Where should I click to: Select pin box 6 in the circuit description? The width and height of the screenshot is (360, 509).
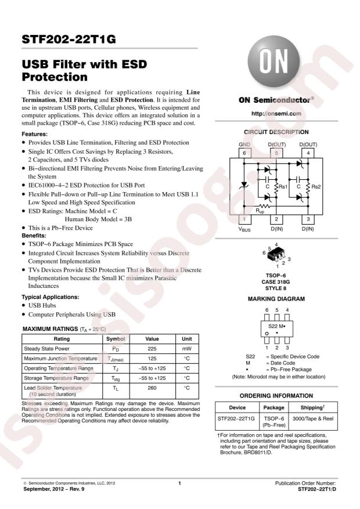pos(244,153)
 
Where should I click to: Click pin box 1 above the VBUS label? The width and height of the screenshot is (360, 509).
pos(244,219)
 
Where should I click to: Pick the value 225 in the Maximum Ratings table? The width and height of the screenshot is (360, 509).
pos(152,349)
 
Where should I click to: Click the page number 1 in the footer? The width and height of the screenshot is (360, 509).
pos(180,482)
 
